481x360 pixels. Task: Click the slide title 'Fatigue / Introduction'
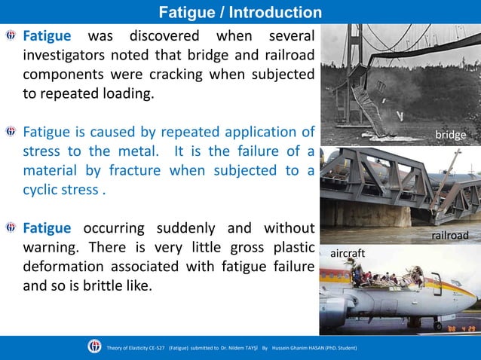click(240, 12)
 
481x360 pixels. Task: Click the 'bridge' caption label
click(450, 136)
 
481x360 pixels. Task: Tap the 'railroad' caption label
click(449, 236)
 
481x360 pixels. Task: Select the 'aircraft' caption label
click(348, 255)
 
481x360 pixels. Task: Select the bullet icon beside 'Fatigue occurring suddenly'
click(11, 227)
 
